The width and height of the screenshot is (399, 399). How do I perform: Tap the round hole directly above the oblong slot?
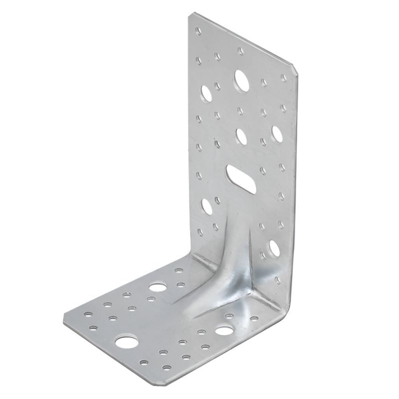pyautogui.click(x=241, y=136)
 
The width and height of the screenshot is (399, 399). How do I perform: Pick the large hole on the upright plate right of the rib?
pyautogui.click(x=274, y=247)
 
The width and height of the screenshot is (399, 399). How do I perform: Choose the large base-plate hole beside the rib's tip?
pyautogui.click(x=224, y=330)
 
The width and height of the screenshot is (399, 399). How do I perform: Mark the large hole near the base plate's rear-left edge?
pyautogui.click(x=158, y=288)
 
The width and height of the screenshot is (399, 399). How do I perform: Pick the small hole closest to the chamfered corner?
pyautogui.click(x=283, y=77)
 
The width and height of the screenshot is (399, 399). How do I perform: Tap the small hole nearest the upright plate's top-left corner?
pyautogui.click(x=199, y=31)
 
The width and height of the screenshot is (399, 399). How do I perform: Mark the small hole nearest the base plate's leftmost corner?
pyautogui.click(x=88, y=314)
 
